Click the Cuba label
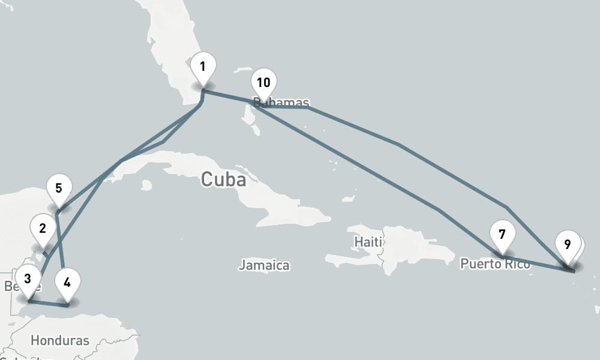click(x=223, y=179)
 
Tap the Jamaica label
click(x=264, y=265)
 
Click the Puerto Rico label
click(x=495, y=264)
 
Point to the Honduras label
click(x=60, y=340)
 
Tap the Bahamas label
click(x=282, y=103)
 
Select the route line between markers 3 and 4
click(x=48, y=303)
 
